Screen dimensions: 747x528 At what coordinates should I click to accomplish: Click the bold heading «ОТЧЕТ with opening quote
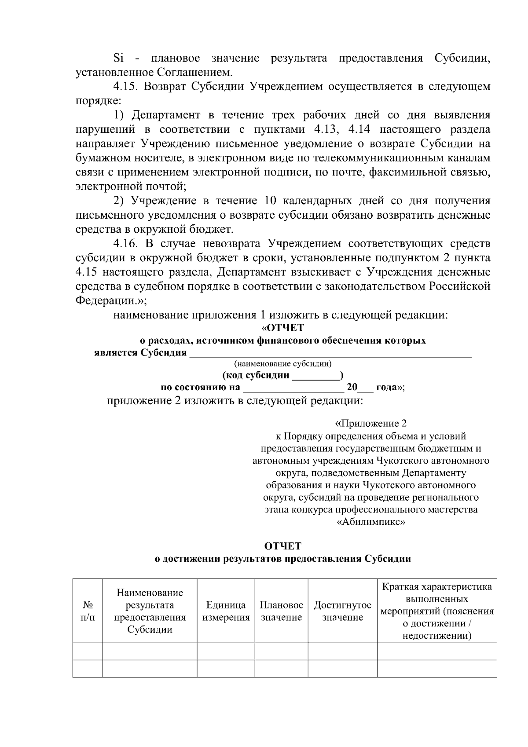[x=282, y=328]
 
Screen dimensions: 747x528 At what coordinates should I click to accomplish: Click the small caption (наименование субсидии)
[x=282, y=364]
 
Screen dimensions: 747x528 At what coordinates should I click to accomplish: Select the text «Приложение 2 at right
[x=370, y=424]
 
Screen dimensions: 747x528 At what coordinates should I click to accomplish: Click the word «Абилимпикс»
[x=370, y=522]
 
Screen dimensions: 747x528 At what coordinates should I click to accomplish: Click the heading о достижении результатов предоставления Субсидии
[x=282, y=559]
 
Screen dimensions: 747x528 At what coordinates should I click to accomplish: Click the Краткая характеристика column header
[x=436, y=587]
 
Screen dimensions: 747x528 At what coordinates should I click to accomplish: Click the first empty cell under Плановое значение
[x=281, y=652]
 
